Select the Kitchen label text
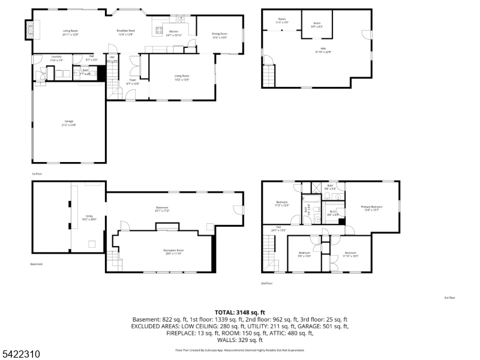[173, 32]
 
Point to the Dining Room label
[220, 35]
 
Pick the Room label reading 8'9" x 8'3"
[316, 25]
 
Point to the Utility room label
[89, 218]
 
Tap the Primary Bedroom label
[371, 208]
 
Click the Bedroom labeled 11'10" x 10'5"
[350, 254]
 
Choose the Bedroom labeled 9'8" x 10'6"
[305, 254]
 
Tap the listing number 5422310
[20, 355]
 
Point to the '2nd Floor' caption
[267, 283]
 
